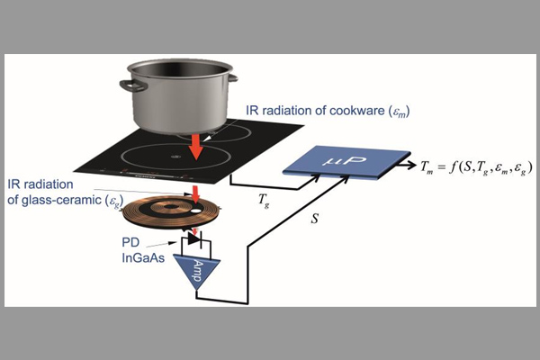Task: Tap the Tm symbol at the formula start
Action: (x=426, y=166)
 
